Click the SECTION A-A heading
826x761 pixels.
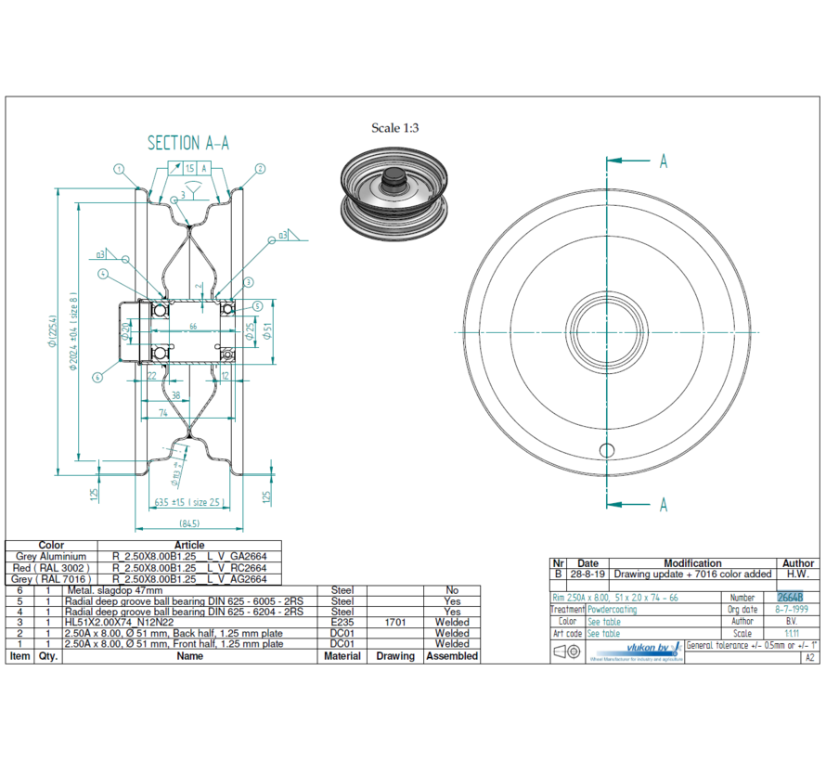[x=188, y=143]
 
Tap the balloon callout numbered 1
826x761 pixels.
[x=119, y=169]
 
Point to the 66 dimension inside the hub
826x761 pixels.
[x=193, y=327]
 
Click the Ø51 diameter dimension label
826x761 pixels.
[x=266, y=331]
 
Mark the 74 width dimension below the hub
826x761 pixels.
[x=163, y=411]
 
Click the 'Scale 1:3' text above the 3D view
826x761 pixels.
[x=394, y=128]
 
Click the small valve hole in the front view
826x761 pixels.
[x=606, y=451]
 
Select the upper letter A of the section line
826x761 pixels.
[x=664, y=161]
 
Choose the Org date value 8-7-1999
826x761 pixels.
[x=792, y=610]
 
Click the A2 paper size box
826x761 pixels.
[x=810, y=657]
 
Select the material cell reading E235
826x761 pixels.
[x=342, y=623]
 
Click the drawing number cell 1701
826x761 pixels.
[x=394, y=623]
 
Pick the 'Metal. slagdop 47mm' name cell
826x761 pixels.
[x=114, y=590]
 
